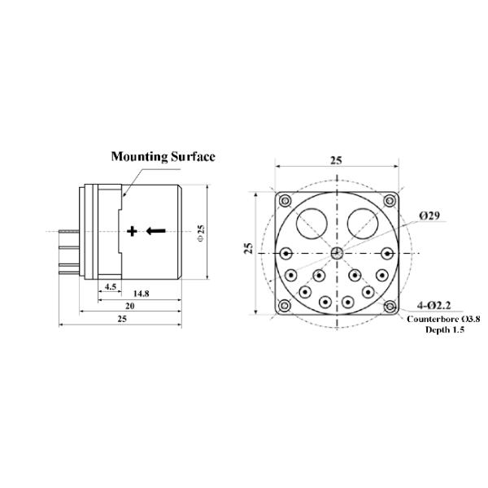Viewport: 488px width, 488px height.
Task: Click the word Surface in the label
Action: click(191, 156)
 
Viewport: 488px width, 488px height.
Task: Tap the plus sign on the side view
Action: click(133, 231)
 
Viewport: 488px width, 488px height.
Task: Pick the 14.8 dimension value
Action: click(140, 293)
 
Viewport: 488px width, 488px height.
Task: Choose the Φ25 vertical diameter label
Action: click(201, 231)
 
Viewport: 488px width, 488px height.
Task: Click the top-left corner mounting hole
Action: click(284, 201)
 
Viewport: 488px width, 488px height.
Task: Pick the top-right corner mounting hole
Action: click(390, 201)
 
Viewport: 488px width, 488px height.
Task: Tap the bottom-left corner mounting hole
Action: click(284, 306)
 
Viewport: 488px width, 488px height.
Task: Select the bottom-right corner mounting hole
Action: click(390, 306)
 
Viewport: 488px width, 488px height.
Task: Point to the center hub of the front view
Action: click(337, 252)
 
